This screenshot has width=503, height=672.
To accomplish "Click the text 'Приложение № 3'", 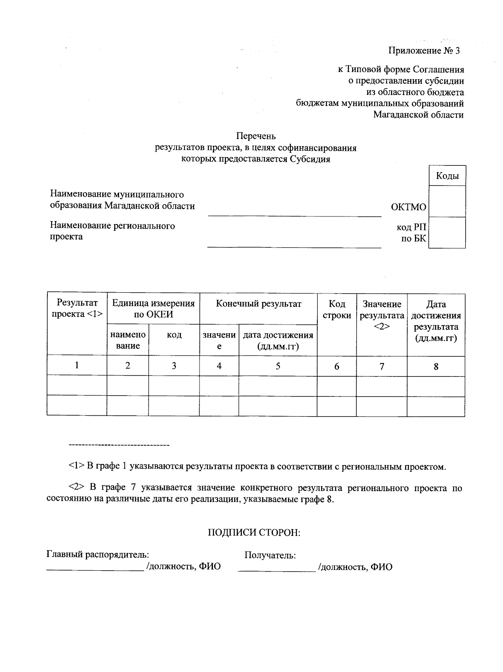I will pyautogui.click(x=424, y=51).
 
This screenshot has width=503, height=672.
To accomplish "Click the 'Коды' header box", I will pyautogui.click(x=447, y=176).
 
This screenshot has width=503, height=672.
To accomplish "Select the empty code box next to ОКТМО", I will pyautogui.click(x=447, y=201).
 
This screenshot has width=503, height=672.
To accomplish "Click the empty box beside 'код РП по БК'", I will pyautogui.click(x=447, y=233).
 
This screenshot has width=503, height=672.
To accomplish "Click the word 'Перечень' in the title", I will pyautogui.click(x=256, y=136).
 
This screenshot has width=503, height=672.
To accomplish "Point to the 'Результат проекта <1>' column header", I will pyautogui.click(x=77, y=309).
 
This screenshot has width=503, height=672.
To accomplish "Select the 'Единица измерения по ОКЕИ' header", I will pyautogui.click(x=153, y=309).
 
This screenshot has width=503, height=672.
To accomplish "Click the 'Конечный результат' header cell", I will pyautogui.click(x=258, y=304).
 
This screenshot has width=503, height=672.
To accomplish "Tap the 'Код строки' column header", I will pyautogui.click(x=337, y=310).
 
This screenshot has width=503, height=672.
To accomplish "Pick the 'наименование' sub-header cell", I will pyautogui.click(x=128, y=340).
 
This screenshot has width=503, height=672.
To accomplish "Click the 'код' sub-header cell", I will pyautogui.click(x=174, y=335).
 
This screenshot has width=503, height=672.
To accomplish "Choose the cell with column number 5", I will pyautogui.click(x=278, y=366).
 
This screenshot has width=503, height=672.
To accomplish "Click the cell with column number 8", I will pyautogui.click(x=436, y=366).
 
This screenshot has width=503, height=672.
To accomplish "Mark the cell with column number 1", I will pyautogui.click(x=77, y=366).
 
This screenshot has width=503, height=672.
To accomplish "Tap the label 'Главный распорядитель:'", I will pyautogui.click(x=97, y=555).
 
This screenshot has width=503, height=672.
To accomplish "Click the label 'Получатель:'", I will pyautogui.click(x=270, y=556).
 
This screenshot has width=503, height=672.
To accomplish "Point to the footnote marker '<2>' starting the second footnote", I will pyautogui.click(x=77, y=488).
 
